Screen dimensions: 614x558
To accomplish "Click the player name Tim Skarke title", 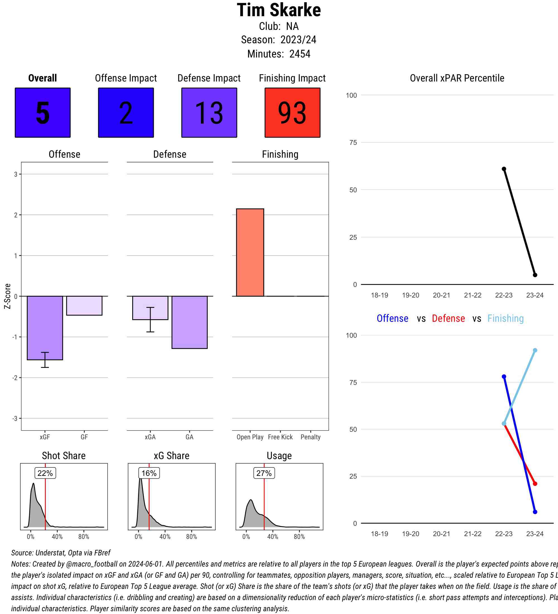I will (x=278, y=10).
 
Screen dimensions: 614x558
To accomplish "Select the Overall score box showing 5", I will (x=43, y=113).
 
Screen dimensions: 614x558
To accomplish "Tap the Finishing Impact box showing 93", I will (x=292, y=113).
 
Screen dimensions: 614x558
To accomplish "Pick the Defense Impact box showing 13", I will (x=209, y=113).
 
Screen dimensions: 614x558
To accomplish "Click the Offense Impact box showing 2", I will (x=126, y=113).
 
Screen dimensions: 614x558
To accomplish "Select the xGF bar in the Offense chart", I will (x=45, y=328).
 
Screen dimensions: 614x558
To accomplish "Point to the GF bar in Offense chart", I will (x=84, y=306).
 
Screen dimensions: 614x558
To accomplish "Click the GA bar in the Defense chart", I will (x=189, y=322).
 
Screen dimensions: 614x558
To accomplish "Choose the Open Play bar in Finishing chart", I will (x=250, y=252).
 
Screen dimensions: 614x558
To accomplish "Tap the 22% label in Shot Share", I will (x=45, y=473).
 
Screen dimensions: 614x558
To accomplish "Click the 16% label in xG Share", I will (x=149, y=473).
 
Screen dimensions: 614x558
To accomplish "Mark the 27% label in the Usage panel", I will (x=264, y=473).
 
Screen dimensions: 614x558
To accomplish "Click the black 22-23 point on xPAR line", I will (x=504, y=169).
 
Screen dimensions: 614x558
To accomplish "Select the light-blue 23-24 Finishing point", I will (x=535, y=350).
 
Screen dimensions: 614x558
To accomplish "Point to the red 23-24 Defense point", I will (x=535, y=484).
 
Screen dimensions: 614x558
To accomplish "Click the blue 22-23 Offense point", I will (x=504, y=377).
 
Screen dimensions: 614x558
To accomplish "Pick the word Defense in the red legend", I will (x=448, y=318).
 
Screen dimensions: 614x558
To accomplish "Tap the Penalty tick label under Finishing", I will (x=311, y=437).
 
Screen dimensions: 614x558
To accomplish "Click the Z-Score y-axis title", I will (x=8, y=296).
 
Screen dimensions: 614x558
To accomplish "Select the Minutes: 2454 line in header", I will (x=278, y=54).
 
